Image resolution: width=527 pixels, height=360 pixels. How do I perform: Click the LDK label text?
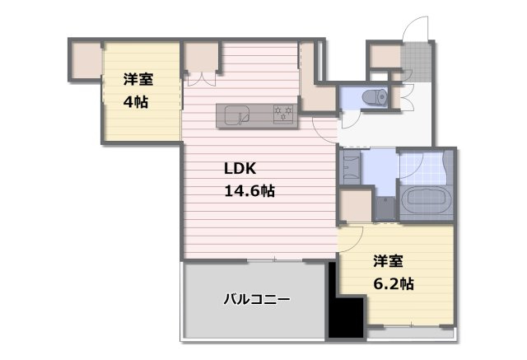pos(240,169)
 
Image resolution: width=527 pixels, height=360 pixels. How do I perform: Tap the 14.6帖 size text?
pos(250,190)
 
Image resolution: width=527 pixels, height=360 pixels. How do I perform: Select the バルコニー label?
pos(256,300)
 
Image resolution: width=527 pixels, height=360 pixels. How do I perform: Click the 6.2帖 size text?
pos(394,283)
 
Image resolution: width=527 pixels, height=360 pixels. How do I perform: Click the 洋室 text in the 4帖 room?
pos(139,80)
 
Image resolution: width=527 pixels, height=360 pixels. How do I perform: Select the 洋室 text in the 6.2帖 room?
pos(388,262)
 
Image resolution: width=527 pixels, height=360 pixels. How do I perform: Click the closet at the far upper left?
pos(83,60)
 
